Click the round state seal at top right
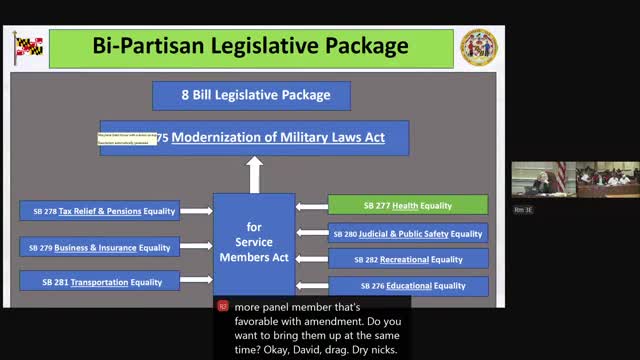coord(478,47)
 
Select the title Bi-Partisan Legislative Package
coord(250,46)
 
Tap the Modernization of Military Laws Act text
coord(277,137)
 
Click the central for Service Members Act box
coord(254,242)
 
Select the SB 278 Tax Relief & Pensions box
coord(99,211)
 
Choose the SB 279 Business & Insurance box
coord(99,247)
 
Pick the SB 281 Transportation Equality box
coord(99,282)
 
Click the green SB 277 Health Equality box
coord(407,206)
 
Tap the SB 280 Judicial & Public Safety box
coord(407,234)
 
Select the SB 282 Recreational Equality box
coord(407,260)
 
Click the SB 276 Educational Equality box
coord(407,286)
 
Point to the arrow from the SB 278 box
coord(196,211)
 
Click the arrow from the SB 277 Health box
coord(312,207)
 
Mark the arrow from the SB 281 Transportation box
coord(196,282)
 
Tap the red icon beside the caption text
coord(223,307)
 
